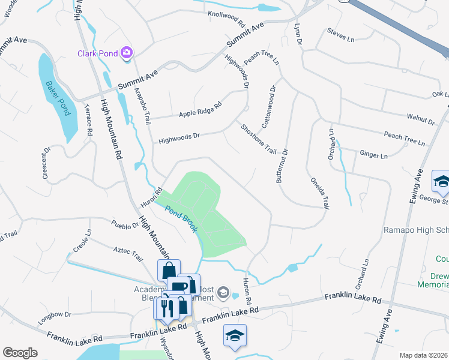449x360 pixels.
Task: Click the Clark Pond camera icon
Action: pos(126,53)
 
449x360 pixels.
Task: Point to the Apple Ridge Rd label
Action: pos(200,109)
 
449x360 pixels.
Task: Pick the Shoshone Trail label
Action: pos(258,139)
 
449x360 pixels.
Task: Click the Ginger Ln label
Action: pos(373,155)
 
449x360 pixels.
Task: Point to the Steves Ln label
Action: pos(337,37)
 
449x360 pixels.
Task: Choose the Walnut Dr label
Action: pos(420,118)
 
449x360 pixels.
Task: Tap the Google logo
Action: pos(20,352)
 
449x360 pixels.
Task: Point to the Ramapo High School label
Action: pos(416,230)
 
